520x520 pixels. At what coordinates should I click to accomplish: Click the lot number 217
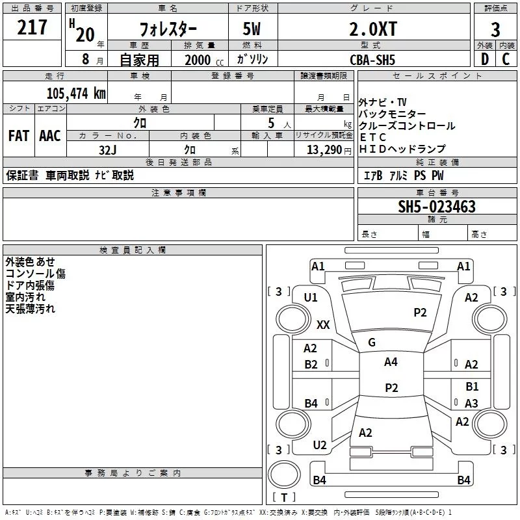(32, 27)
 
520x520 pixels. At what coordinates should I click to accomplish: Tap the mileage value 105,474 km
(76, 93)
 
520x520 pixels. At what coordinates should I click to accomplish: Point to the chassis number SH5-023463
(437, 207)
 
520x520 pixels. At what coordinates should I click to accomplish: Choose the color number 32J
(108, 149)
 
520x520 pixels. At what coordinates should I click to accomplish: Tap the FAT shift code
(19, 136)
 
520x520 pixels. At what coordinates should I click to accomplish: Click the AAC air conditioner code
(49, 136)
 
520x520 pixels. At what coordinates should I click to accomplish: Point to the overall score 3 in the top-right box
(495, 29)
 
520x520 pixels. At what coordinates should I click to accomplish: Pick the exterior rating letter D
(484, 59)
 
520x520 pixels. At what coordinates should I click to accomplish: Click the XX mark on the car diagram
(323, 324)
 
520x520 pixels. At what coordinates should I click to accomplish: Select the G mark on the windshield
(372, 343)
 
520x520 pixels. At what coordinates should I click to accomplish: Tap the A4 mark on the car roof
(391, 362)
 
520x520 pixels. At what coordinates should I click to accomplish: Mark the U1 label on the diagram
(311, 298)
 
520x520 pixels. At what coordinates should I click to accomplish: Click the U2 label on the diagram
(319, 445)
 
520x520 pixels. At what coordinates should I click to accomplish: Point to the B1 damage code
(472, 387)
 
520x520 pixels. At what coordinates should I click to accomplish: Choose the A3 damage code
(472, 404)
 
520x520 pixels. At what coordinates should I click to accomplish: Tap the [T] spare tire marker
(284, 498)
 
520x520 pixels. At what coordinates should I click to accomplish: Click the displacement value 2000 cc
(201, 60)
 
